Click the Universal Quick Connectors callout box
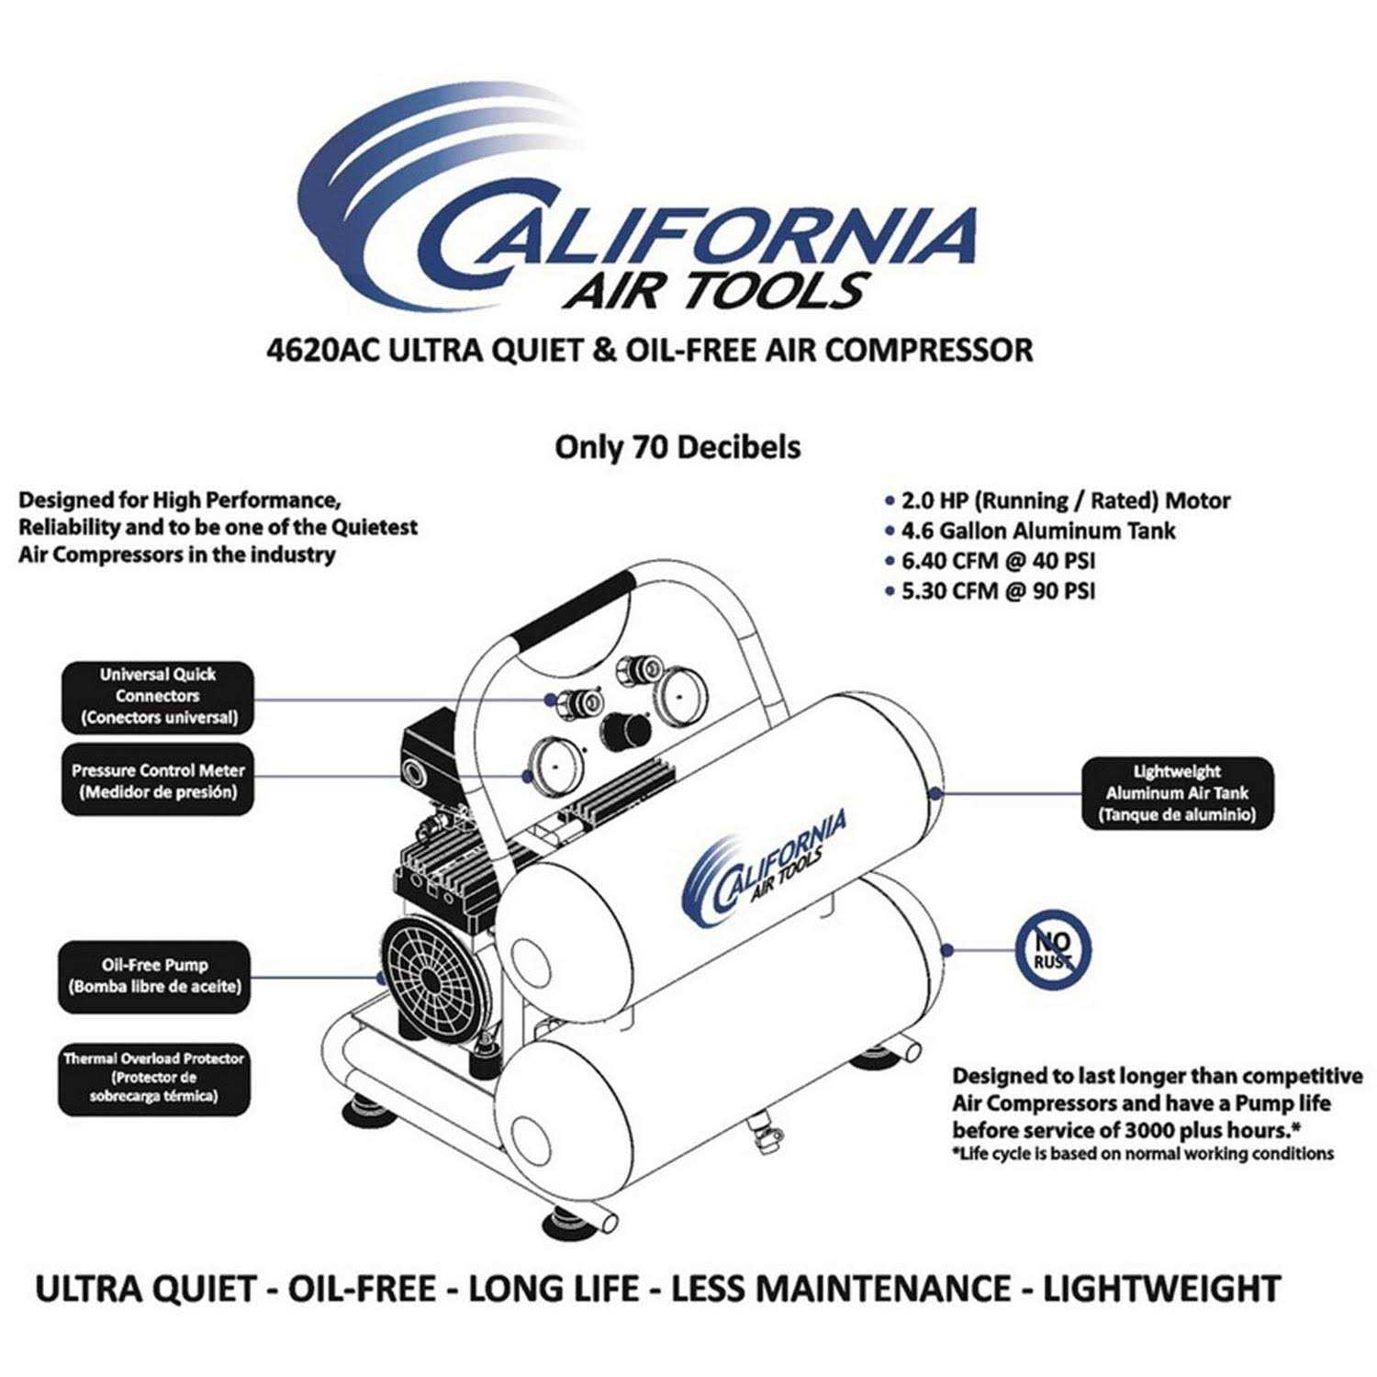tap(157, 697)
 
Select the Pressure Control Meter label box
tap(157, 781)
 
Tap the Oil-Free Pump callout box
tap(154, 977)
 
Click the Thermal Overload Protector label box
tap(154, 1078)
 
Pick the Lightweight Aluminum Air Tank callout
tap(1177, 794)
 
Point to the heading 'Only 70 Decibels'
tap(677, 448)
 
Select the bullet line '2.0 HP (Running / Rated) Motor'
tap(1065, 501)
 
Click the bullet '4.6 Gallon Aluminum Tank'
tap(1037, 531)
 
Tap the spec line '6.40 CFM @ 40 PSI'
tap(998, 561)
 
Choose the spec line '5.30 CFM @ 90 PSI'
tap(998, 590)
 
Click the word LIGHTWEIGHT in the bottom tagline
tap(1161, 1289)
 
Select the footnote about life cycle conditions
tap(1142, 1154)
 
